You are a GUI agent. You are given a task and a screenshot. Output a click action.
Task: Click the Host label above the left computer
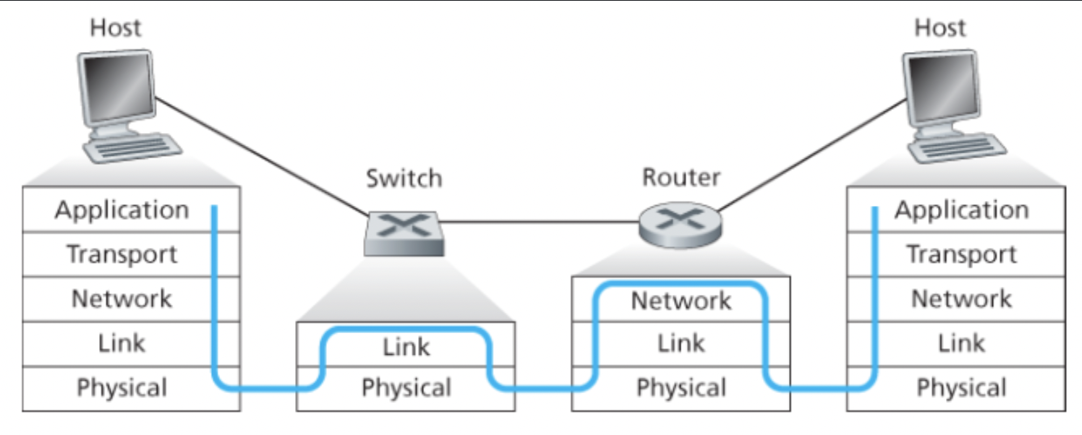(115, 28)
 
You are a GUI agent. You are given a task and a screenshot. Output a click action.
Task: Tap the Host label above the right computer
(940, 28)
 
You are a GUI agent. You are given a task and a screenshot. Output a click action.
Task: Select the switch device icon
(402, 233)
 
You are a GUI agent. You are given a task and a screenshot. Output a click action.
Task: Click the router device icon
(681, 223)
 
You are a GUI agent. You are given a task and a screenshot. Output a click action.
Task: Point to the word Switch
(404, 178)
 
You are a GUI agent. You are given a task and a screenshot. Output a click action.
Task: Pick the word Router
(681, 178)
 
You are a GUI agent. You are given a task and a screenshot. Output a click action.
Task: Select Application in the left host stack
(122, 210)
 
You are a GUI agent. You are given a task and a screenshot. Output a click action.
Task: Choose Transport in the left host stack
(122, 254)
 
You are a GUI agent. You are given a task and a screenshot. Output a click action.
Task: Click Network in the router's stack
(681, 301)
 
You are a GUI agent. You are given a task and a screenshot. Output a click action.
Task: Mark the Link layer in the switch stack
(406, 347)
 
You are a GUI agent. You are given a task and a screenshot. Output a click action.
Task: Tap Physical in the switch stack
(406, 388)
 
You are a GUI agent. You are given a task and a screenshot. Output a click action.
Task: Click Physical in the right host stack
(961, 388)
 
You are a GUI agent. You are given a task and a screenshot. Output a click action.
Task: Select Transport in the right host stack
(961, 254)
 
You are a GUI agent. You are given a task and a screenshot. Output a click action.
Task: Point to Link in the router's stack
(681, 343)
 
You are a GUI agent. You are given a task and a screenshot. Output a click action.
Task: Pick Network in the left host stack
(122, 298)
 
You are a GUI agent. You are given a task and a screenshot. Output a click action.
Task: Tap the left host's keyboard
(132, 148)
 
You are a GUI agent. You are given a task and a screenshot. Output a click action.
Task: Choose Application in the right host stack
(961, 210)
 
